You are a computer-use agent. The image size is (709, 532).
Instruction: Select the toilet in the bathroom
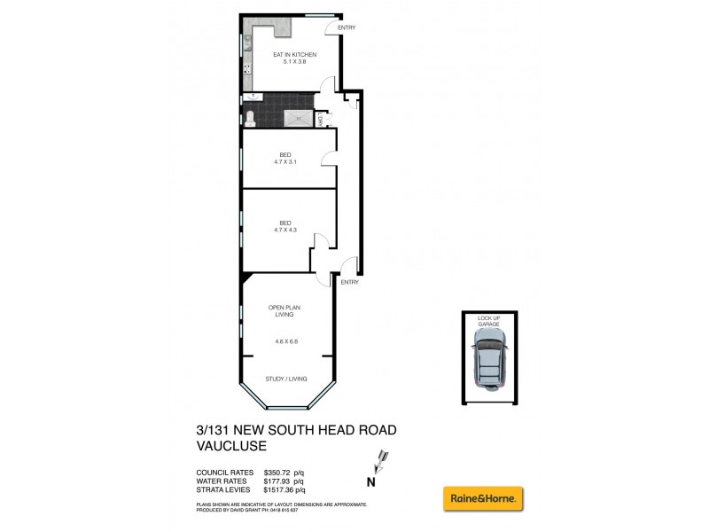250,117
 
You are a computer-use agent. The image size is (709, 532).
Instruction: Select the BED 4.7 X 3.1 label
285,158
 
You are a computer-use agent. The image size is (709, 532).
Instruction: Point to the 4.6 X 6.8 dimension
285,340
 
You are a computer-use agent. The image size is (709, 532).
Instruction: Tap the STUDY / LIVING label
286,379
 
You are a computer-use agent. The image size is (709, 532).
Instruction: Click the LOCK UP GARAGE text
489,320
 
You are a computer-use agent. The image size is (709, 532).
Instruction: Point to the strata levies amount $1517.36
285,489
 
